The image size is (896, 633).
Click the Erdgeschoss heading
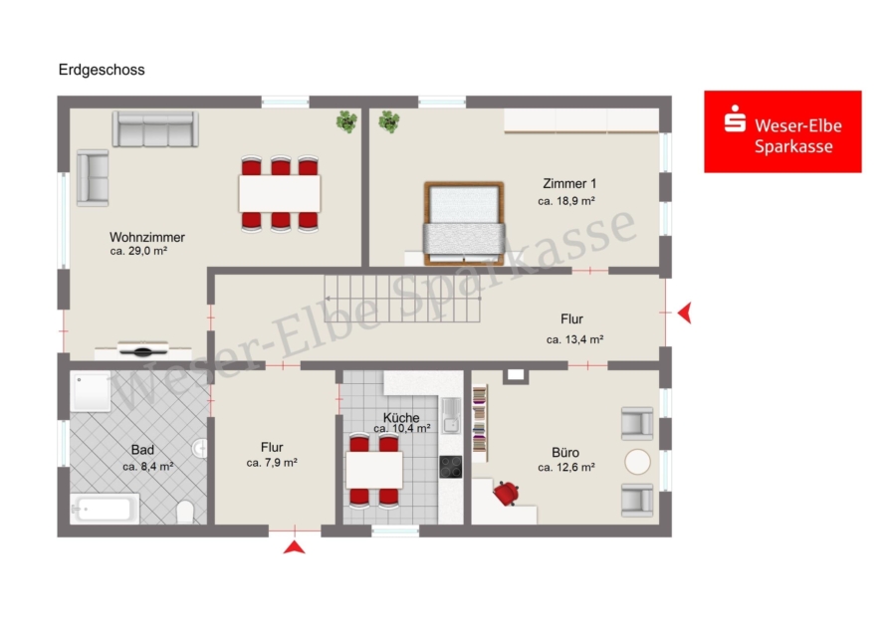(x=102, y=70)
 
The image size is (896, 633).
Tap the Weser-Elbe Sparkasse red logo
(x=783, y=131)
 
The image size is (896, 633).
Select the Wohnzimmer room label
(x=147, y=237)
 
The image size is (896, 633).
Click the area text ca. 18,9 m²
(x=566, y=201)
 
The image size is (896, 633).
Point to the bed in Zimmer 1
(x=464, y=223)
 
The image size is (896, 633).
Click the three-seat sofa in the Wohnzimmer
(x=155, y=129)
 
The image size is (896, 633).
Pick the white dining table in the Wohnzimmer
(x=280, y=194)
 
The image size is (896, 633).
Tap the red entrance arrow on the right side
(x=685, y=314)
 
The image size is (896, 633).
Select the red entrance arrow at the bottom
(x=295, y=547)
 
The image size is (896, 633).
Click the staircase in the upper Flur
(x=402, y=299)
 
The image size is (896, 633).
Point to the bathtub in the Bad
(x=105, y=509)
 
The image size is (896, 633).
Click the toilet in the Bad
(x=185, y=512)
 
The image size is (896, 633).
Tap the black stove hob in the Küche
(x=450, y=466)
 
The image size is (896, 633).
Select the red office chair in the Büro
(x=507, y=493)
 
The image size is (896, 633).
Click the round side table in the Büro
(x=637, y=462)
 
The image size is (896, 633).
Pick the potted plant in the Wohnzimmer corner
(x=346, y=121)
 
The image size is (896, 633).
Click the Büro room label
(x=565, y=453)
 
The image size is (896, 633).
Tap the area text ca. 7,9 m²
(x=272, y=463)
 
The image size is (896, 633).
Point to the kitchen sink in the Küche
(x=451, y=415)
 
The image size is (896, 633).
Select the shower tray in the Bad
(x=91, y=391)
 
